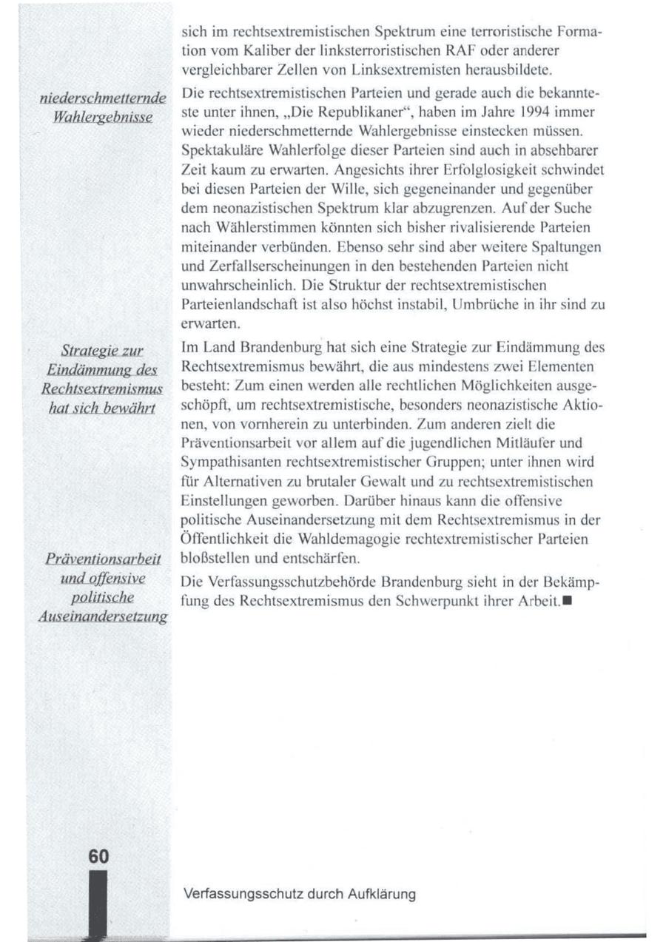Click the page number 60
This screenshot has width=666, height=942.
click(x=98, y=856)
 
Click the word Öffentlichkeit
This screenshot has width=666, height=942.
click(x=225, y=539)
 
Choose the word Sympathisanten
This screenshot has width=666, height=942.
click(x=225, y=462)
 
